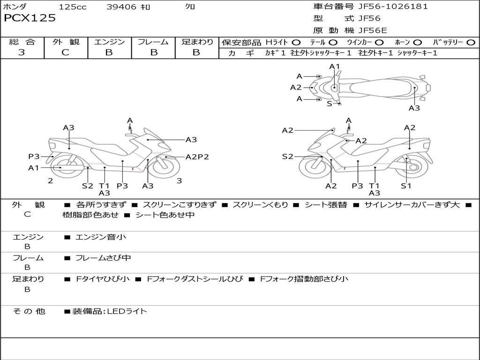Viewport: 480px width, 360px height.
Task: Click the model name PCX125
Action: [x=30, y=18]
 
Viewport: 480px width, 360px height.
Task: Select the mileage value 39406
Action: [x=122, y=7]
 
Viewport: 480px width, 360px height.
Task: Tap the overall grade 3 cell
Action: [x=22, y=52]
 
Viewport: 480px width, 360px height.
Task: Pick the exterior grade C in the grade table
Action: [x=65, y=52]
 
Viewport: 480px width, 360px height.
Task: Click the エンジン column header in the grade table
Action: [x=109, y=42]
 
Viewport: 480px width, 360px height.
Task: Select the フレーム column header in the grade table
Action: [x=153, y=42]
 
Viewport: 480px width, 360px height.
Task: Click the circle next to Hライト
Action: [x=296, y=43]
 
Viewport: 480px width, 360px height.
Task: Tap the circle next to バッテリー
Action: [x=471, y=43]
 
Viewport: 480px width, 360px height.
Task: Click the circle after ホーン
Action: [x=418, y=43]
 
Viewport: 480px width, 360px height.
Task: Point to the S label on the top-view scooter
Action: [x=329, y=104]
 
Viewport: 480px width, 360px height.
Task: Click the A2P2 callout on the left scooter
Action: [x=197, y=157]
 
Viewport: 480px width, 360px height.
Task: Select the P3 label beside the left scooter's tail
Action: [x=34, y=157]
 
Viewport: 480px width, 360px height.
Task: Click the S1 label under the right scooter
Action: [x=406, y=186]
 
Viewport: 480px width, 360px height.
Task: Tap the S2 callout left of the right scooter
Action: [x=287, y=157]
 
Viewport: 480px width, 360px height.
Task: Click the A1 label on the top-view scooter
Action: [x=334, y=67]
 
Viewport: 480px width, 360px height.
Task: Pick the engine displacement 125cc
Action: [x=73, y=7]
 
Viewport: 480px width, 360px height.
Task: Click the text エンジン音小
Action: [x=101, y=237]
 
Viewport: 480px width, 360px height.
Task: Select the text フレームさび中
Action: [x=103, y=258]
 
